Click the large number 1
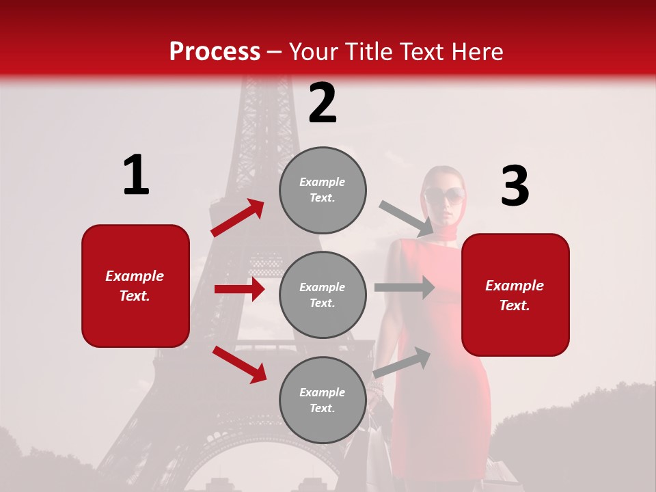[x=136, y=176]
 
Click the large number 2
[x=323, y=103]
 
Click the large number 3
[x=515, y=187]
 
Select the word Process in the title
[x=215, y=51]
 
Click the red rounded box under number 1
[x=135, y=286]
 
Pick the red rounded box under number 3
[x=515, y=295]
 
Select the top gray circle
[x=323, y=190]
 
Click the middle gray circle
[x=323, y=295]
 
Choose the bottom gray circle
[x=323, y=400]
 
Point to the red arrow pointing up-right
[x=238, y=218]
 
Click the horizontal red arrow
[x=239, y=289]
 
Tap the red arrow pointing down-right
[x=239, y=364]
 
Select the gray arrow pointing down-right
[x=407, y=218]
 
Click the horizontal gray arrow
[x=405, y=288]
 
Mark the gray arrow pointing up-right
[x=402, y=361]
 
